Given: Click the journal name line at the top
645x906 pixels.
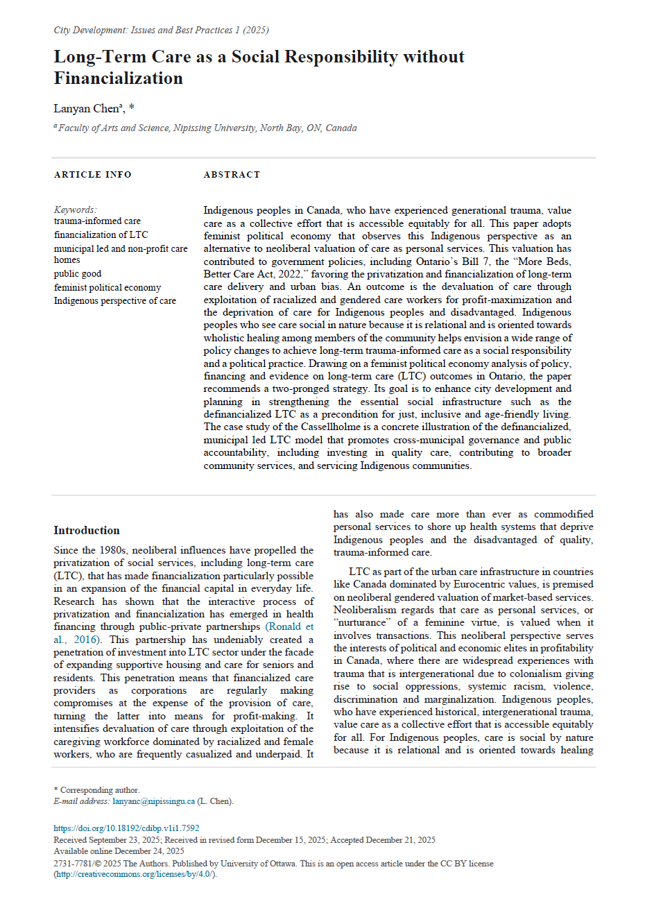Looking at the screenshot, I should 161,30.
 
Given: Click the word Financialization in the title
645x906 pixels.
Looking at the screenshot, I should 119,78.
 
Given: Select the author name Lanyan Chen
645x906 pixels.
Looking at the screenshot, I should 87,108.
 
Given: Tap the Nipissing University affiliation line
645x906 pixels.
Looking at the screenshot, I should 206,128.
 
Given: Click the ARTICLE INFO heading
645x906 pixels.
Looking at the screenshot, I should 92,175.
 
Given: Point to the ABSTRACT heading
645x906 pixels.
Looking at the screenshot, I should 232,175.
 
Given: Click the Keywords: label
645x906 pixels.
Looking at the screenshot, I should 76,210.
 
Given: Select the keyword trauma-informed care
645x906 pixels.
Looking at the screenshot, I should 97,221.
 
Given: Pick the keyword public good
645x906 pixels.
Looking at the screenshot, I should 78,273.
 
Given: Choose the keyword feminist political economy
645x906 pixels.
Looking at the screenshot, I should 108,287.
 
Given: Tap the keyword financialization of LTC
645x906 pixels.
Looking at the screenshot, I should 101,234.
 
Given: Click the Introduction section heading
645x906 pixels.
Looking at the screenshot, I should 87,531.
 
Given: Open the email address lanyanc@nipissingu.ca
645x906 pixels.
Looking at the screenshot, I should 153,801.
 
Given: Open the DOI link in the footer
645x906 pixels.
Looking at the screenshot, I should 126,828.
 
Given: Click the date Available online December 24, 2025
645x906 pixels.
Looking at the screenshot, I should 119,851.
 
